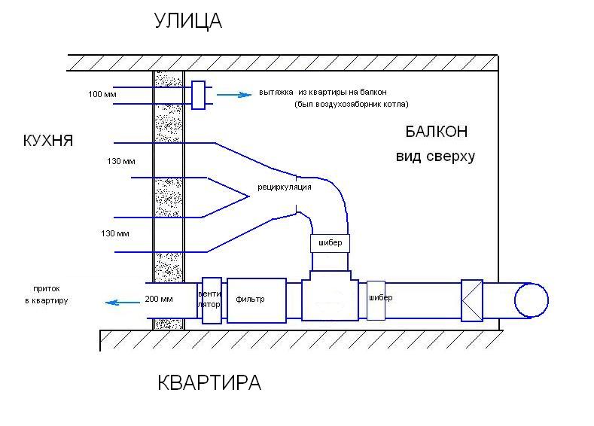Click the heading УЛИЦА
[x=188, y=21]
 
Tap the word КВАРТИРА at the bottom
[x=209, y=382]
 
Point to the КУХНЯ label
[x=48, y=141]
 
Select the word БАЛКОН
[x=437, y=132]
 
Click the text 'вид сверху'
[x=435, y=157]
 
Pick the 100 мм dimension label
[x=102, y=94]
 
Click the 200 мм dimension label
[x=159, y=299]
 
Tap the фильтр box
[x=257, y=300]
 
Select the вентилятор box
[x=212, y=300]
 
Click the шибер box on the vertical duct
[x=330, y=244]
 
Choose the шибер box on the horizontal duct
[x=376, y=300]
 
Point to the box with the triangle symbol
[x=472, y=300]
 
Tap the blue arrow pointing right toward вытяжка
[x=234, y=95]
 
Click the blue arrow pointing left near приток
[x=123, y=303]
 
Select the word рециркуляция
[x=285, y=187]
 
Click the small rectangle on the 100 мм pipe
[x=198, y=95]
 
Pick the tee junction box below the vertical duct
[x=330, y=295]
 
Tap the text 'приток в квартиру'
[x=47, y=294]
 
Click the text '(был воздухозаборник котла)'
[x=351, y=104]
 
